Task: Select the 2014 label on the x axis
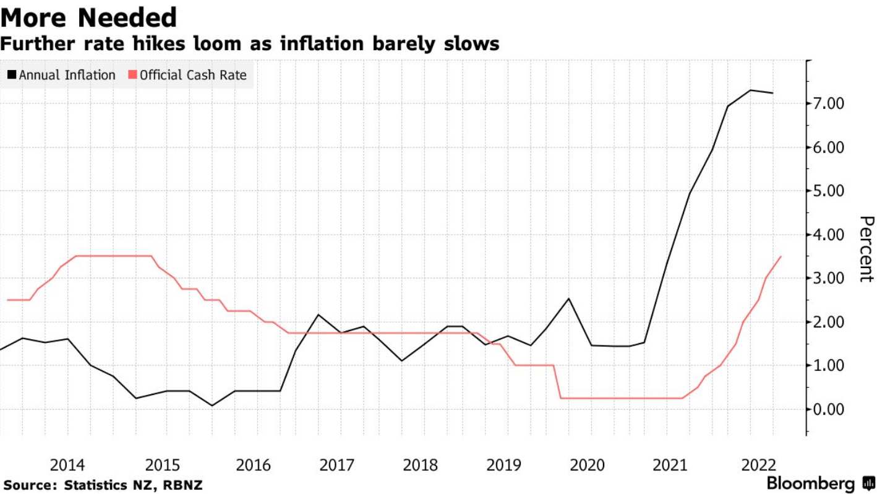point(68,464)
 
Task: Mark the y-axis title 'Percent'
point(867,249)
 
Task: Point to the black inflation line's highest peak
point(750,90)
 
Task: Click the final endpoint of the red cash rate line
point(781,256)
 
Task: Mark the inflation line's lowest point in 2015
point(212,405)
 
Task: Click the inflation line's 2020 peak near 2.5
point(568,298)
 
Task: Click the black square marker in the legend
point(12,76)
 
